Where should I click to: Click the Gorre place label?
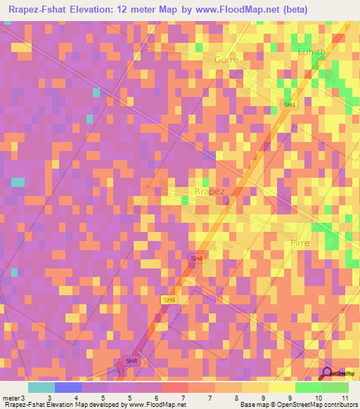click(226, 60)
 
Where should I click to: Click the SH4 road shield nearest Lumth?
click(288, 105)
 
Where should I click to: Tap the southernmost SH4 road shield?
click(131, 361)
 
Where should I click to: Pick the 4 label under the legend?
click(76, 397)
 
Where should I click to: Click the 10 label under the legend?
click(318, 397)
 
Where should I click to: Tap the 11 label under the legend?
click(345, 397)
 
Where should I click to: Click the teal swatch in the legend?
click(41, 387)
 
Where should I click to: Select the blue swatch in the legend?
click(68, 387)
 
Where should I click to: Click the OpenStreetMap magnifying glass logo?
click(328, 373)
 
